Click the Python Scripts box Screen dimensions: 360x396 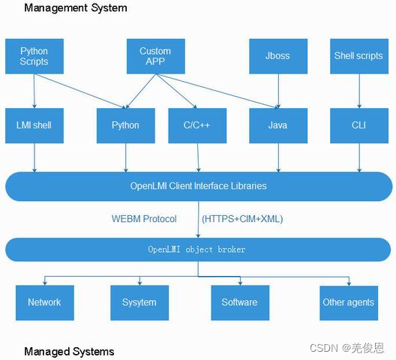pos(34,56)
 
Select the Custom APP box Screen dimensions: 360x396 pos(155,56)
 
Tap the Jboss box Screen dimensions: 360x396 pos(277,56)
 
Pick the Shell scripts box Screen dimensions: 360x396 pos(358,56)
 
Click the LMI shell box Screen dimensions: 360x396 pos(34,125)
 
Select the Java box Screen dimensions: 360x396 pos(277,125)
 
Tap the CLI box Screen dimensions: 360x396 pos(358,125)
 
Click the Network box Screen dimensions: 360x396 pos(44,302)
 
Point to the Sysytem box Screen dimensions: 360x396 pos(139,302)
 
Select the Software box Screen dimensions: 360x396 pos(239,302)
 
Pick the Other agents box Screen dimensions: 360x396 pos(349,302)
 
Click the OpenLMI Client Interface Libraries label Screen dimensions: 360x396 pos(198,186)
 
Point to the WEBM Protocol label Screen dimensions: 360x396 pos(144,219)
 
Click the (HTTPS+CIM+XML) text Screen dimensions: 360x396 pos(242,219)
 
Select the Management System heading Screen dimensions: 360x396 pos(76,8)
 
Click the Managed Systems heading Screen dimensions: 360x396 pos(69,351)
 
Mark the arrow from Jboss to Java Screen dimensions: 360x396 pos(278,91)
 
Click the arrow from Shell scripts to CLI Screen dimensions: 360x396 pos(358,91)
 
